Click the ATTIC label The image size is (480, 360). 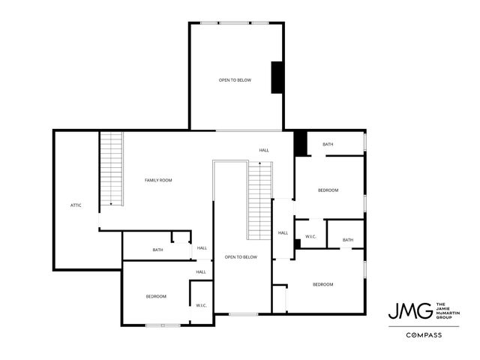coord(76,205)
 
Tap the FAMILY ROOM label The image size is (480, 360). coord(159,180)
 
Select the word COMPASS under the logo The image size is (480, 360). coord(422,335)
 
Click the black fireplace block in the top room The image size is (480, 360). coord(277,76)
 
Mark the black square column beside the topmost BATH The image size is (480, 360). coord(300,142)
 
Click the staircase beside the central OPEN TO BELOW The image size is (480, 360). coord(259,199)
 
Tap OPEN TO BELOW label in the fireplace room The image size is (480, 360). coord(235,79)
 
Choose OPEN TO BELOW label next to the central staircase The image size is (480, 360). coord(241,257)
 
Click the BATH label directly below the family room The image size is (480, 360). coord(158,250)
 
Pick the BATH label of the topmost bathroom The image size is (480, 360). coord(328,144)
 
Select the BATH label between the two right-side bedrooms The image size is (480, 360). coord(348,240)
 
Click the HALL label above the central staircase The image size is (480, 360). coord(264,150)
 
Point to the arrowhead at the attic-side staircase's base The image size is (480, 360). coord(112,203)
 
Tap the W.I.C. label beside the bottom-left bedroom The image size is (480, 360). coord(202,305)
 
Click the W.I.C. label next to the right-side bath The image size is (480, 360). coord(310,237)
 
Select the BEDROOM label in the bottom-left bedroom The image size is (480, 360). coord(156,296)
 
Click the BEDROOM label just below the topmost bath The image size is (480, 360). coord(328,190)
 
